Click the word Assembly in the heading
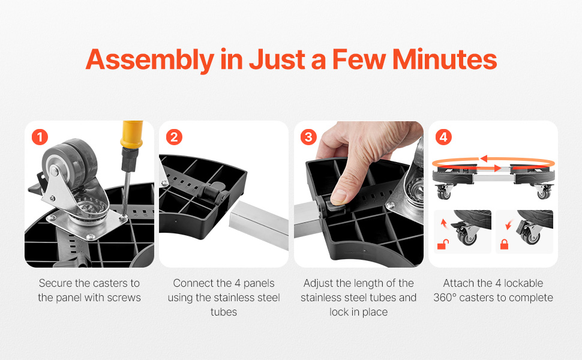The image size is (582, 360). point(150,60)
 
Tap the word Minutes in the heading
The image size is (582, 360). point(444,59)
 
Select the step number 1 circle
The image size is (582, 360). point(40,137)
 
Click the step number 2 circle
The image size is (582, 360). point(174,137)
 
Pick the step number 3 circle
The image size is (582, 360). point(308,137)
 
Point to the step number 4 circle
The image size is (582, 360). point(443,137)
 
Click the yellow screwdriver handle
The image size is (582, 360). point(131,134)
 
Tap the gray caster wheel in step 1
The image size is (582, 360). point(71,163)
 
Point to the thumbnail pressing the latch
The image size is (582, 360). point(338,197)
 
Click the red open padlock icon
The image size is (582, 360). point(442,244)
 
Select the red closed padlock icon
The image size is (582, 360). point(505,244)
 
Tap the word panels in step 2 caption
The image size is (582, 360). point(259,284)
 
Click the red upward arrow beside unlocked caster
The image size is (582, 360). point(443,223)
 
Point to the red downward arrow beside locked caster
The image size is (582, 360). point(509,224)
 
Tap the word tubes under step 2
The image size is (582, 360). point(224,312)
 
